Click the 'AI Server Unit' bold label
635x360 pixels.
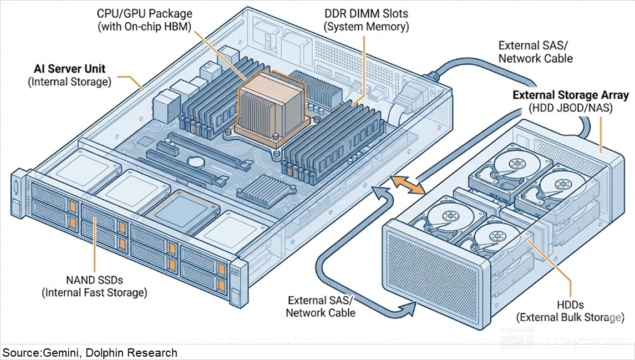[69, 70]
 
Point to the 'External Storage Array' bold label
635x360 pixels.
[570, 95]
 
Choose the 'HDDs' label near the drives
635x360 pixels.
[570, 305]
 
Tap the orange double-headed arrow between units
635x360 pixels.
[408, 185]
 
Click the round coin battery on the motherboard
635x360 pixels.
[195, 161]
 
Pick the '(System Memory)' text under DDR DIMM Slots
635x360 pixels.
[366, 27]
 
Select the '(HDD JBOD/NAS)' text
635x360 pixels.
[570, 108]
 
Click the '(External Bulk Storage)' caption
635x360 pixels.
[570, 318]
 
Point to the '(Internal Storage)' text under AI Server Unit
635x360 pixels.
[69, 83]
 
